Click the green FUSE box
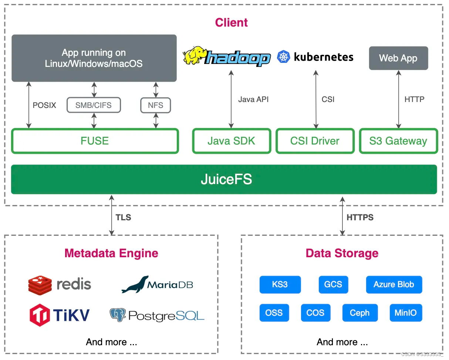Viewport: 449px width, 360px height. (95, 141)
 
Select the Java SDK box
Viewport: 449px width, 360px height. (231, 141)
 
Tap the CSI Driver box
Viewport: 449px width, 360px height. (315, 141)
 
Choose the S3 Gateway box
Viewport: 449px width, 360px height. (398, 141)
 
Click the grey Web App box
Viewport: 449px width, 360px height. (398, 58)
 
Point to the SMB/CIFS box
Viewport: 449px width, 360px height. (94, 105)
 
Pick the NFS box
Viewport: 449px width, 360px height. (155, 105)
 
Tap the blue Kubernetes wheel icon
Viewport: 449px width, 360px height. (283, 57)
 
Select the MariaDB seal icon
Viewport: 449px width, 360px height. (135, 284)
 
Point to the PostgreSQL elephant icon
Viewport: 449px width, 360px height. (118, 315)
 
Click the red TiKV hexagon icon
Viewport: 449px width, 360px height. (40, 315)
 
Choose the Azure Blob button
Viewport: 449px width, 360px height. (394, 285)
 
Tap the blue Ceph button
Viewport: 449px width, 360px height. (359, 313)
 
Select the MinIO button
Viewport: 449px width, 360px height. (405, 313)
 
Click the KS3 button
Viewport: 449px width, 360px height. (280, 285)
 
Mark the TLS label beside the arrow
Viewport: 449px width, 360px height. (123, 217)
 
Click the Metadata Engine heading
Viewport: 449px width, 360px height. (111, 253)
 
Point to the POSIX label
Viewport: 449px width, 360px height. (44, 105)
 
